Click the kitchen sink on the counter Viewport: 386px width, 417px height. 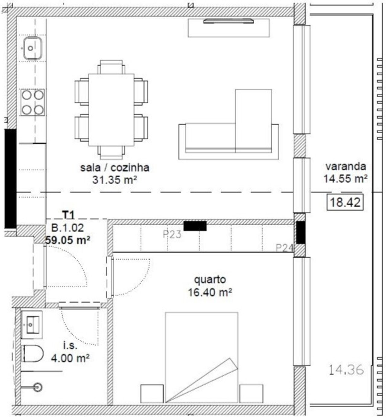point(32,48)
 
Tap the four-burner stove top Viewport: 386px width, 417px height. point(33,102)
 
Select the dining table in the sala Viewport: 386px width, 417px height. point(111,110)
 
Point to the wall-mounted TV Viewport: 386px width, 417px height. point(229,21)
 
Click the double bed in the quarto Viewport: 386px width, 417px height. point(202,357)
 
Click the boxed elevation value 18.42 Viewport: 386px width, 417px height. point(345,203)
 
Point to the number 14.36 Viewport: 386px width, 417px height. point(346,370)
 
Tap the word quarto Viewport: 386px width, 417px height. point(210,280)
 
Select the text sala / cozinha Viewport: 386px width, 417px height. point(115,168)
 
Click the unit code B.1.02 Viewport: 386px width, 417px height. point(68,228)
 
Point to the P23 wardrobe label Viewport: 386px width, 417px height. point(172,235)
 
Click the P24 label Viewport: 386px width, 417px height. point(284,248)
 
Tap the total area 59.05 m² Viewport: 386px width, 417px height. point(68,240)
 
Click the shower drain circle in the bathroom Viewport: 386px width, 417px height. point(38,387)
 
